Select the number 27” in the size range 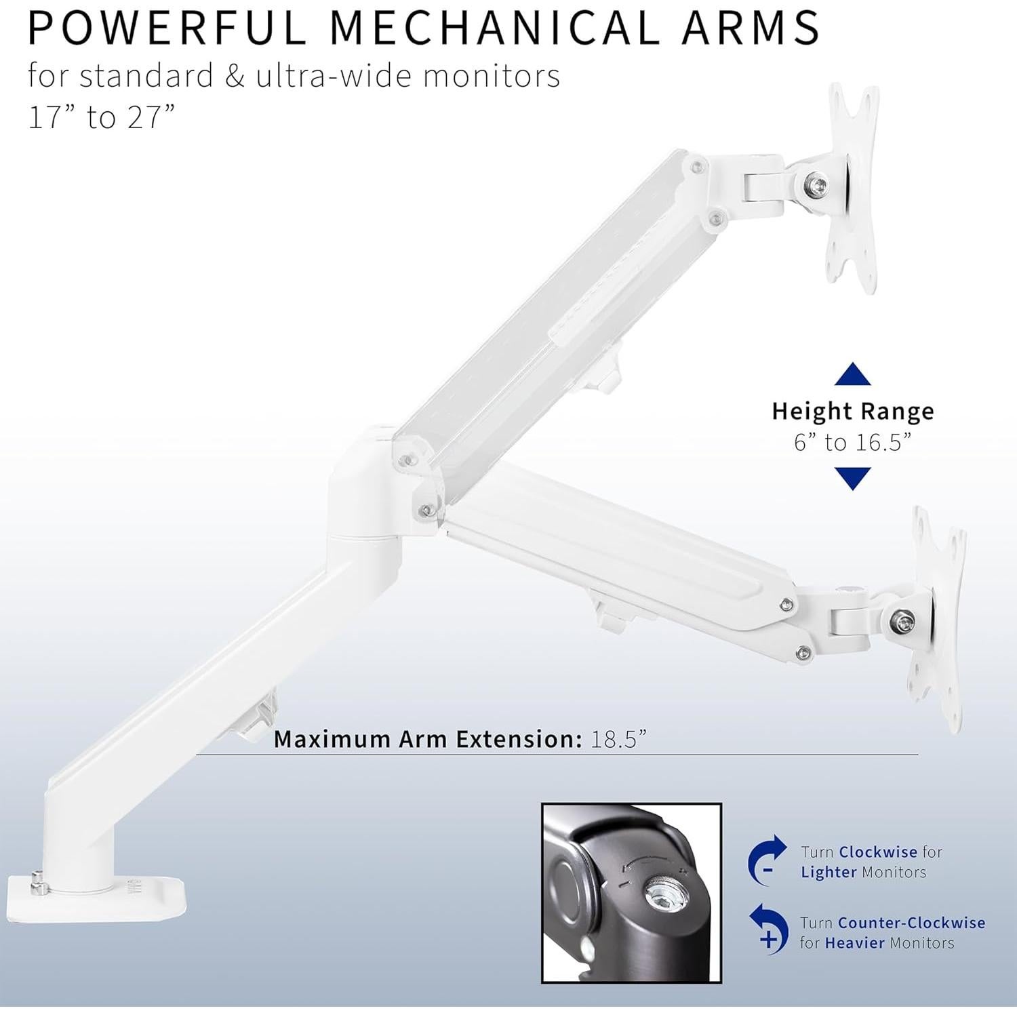pos(146,117)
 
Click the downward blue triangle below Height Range pos(852,478)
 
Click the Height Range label pos(852,412)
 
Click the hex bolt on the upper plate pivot pos(817,184)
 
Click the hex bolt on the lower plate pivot pos(902,619)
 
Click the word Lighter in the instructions pos(829,872)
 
